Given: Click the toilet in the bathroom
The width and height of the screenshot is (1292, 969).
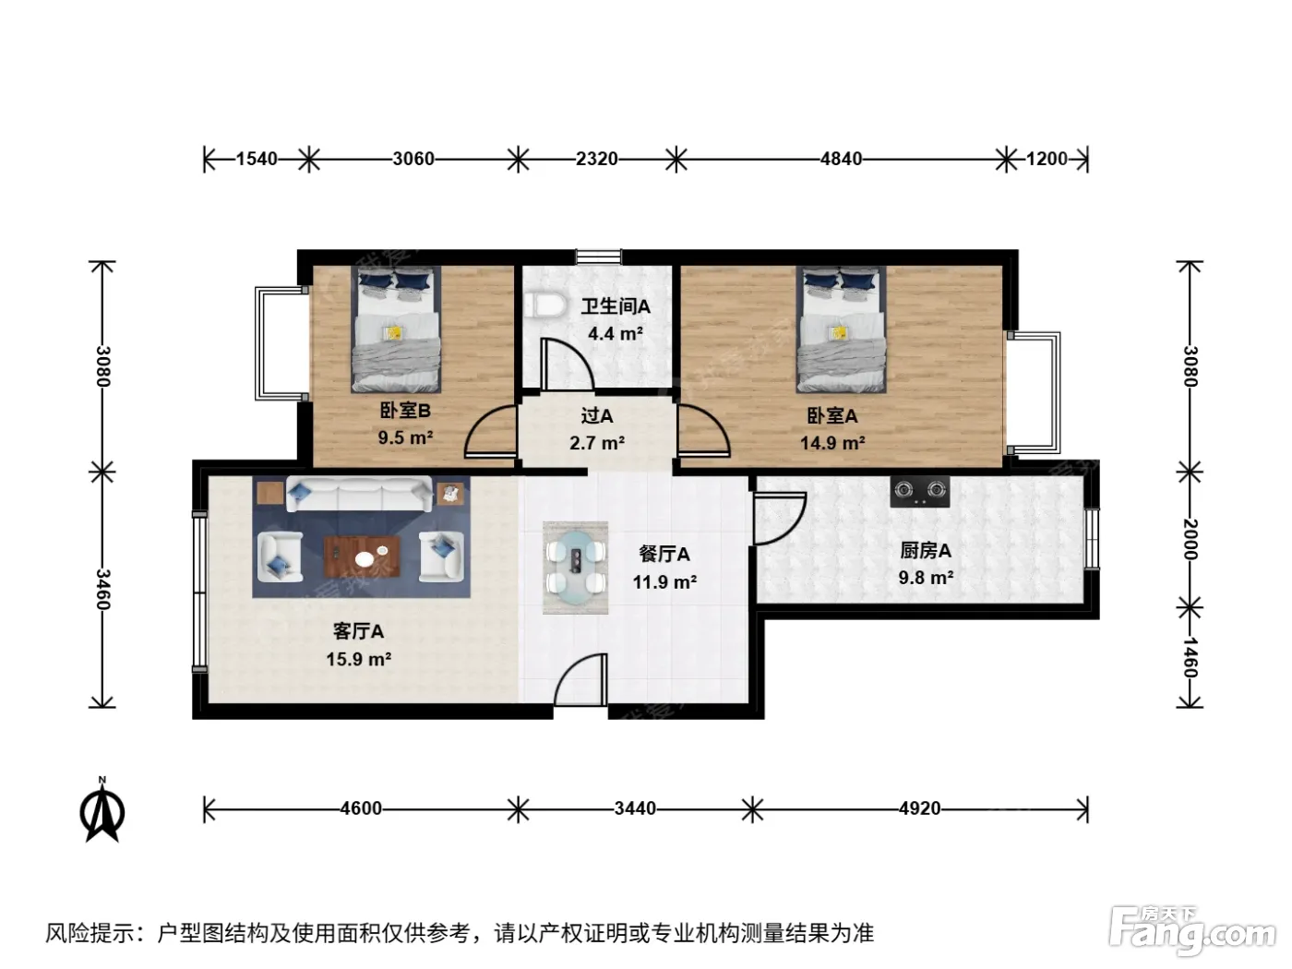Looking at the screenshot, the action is point(544,305).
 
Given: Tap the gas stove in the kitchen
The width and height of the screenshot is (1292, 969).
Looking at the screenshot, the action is point(920,491).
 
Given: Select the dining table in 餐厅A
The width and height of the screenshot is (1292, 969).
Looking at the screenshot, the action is point(575,568).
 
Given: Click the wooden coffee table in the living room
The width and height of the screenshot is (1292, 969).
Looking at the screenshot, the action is point(362,556).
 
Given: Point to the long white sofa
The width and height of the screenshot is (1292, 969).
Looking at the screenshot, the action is point(359,494).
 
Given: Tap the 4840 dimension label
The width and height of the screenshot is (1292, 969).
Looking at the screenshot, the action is point(841,159).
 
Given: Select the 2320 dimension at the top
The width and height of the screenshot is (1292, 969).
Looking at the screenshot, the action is point(597,159).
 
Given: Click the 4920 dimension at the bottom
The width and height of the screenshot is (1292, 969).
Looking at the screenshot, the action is point(919,808).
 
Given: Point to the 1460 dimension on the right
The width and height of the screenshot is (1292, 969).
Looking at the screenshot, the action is point(1190,657).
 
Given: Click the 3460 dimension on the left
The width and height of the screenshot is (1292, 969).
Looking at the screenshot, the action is point(102,590).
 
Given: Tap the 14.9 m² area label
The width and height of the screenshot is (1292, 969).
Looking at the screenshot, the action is point(832,442).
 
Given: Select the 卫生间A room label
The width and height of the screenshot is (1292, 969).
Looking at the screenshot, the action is point(616,306).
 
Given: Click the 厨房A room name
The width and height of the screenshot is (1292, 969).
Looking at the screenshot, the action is point(926,551).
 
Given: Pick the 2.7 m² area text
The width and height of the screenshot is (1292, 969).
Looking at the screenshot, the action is point(597,442).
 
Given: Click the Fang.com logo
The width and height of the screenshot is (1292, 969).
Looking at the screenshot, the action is point(1192,931).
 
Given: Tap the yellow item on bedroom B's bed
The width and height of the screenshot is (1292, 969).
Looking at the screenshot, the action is point(393,333).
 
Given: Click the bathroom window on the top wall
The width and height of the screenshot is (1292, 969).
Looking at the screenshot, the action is point(598,257).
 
